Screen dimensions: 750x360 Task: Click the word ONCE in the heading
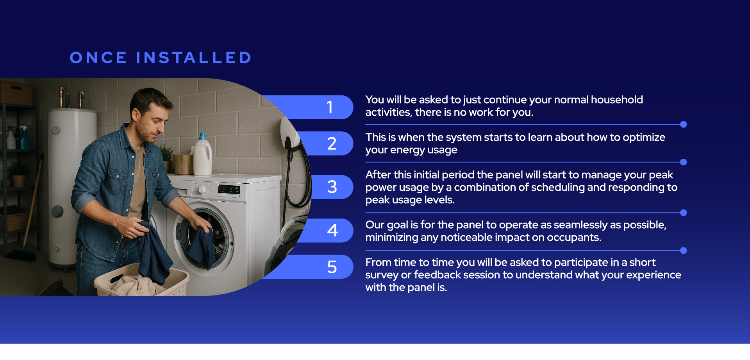[x=98, y=58]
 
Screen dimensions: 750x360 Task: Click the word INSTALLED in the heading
[x=194, y=58]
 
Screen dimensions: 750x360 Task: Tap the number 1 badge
[x=309, y=107]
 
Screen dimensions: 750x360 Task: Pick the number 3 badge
[x=332, y=187]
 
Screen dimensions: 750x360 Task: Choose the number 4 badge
[x=326, y=231]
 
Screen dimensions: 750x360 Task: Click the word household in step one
[x=617, y=100]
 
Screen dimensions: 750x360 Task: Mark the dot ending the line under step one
[x=683, y=124]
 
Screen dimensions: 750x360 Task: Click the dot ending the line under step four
[x=683, y=251]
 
